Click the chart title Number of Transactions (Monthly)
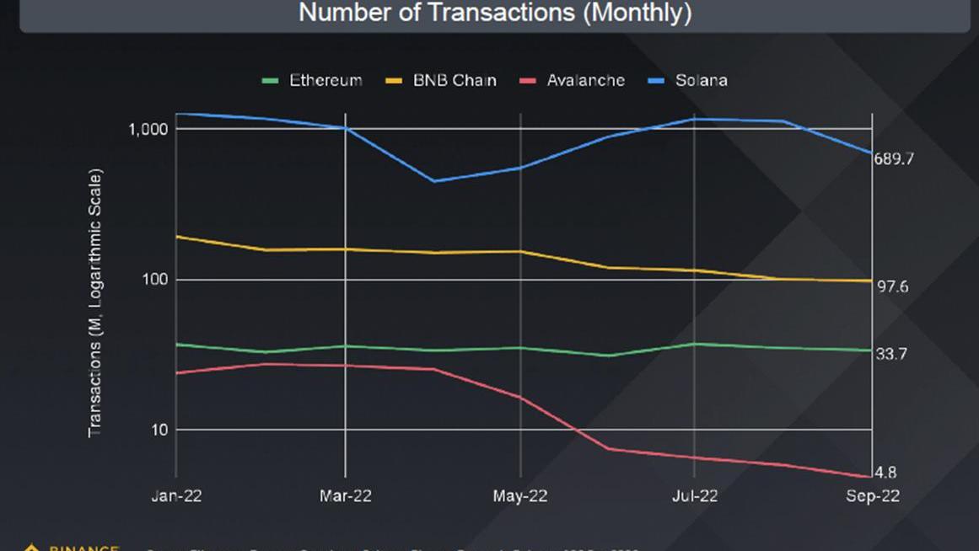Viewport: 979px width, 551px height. point(495,13)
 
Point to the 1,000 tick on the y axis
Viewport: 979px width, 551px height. point(149,129)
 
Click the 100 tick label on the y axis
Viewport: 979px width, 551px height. point(155,280)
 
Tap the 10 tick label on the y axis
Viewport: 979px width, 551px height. point(159,430)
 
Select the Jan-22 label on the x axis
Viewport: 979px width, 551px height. point(176,496)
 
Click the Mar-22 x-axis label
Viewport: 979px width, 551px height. point(346,496)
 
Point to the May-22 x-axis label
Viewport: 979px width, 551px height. point(519,496)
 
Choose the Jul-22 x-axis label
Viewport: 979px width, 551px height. point(694,496)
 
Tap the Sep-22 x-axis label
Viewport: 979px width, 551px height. point(873,496)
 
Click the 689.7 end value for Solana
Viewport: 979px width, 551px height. point(895,159)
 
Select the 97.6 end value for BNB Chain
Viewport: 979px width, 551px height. point(892,287)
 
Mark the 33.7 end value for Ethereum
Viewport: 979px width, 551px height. point(891,355)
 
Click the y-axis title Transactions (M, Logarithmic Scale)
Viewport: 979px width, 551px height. point(95,303)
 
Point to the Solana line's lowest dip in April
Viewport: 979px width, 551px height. point(433,181)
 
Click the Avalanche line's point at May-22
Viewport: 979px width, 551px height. point(520,398)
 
